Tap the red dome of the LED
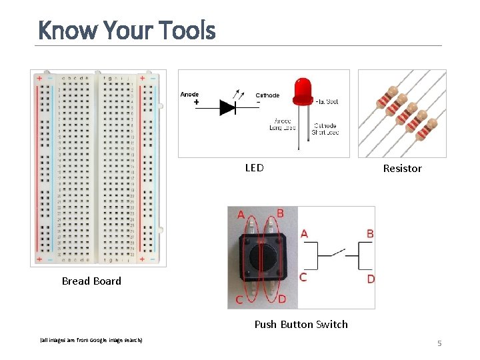(x=302, y=90)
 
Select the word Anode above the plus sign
(x=189, y=95)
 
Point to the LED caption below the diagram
(x=254, y=168)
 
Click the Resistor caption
(x=402, y=169)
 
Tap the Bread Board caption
(x=91, y=281)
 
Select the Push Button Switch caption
(x=301, y=325)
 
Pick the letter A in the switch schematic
(x=304, y=233)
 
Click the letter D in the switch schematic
(x=371, y=279)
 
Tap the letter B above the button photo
(x=280, y=213)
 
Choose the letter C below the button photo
(x=239, y=299)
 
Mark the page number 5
(x=439, y=343)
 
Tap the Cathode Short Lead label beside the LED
(x=325, y=129)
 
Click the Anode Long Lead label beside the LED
(x=283, y=124)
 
